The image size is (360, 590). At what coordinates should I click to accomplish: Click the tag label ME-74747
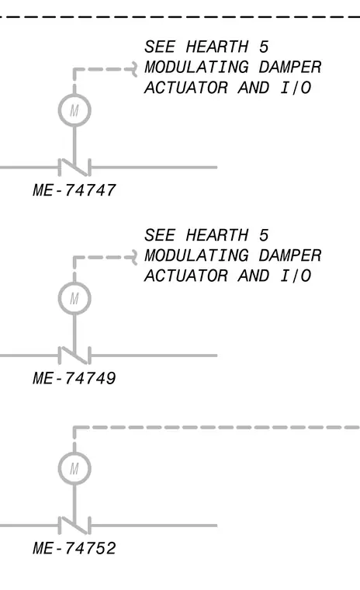click(x=74, y=190)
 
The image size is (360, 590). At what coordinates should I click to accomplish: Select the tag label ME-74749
click(x=74, y=378)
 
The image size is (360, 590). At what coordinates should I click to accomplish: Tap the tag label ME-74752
click(x=74, y=548)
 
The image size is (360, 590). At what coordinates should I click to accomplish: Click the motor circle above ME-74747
click(x=74, y=95)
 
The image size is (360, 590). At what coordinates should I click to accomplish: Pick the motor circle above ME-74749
click(x=74, y=283)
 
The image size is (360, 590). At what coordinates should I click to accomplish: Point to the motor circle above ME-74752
click(x=74, y=453)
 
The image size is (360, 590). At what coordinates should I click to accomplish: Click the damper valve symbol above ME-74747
click(x=74, y=167)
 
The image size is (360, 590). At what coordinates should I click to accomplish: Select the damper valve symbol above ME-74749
click(x=74, y=356)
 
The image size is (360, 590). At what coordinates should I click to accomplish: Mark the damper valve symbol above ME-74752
click(x=74, y=526)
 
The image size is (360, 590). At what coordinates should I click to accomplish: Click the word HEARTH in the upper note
click(x=217, y=47)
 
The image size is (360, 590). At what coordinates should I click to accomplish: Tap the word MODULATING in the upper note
click(x=196, y=68)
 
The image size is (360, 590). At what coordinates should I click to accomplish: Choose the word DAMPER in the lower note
click(x=290, y=255)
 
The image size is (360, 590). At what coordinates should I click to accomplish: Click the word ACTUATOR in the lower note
click(x=186, y=276)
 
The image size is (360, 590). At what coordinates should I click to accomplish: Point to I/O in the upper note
click(x=296, y=88)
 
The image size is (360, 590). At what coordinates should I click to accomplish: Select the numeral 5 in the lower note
click(x=264, y=235)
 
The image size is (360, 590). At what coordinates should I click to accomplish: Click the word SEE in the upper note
click(x=160, y=47)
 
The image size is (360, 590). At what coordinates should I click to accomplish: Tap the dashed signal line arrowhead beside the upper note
click(x=134, y=69)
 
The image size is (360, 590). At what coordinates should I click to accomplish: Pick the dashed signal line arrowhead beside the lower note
click(x=134, y=258)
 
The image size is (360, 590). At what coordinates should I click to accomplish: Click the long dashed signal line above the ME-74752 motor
click(x=216, y=428)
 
